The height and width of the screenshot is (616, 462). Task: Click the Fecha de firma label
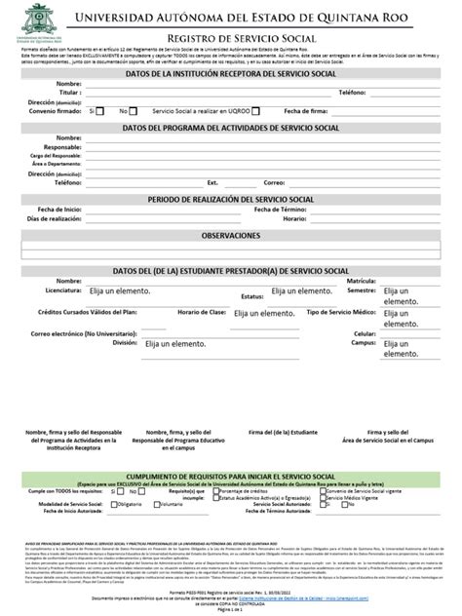point(306,111)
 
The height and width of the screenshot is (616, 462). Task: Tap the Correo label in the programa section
point(301,182)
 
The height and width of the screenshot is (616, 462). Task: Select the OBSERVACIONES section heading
point(230,237)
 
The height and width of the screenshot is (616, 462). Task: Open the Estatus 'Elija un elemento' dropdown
point(302,291)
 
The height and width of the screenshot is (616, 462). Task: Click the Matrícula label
point(362,281)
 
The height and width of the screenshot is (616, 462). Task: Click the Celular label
point(364,333)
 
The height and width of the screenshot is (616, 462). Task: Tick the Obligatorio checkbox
point(123,505)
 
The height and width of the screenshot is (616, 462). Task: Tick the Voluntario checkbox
point(155,505)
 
